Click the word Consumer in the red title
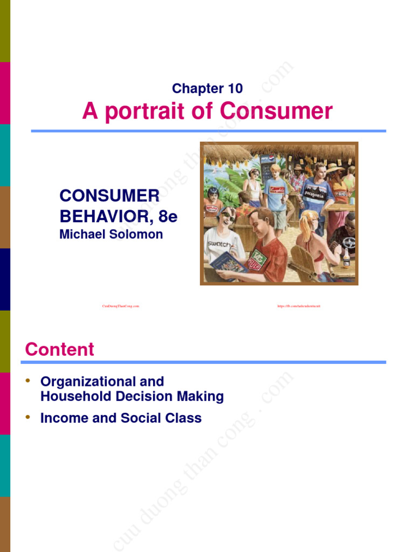coord(277,112)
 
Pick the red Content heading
coord(59,349)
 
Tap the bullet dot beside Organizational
coord(27,382)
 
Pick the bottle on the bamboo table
coord(346,260)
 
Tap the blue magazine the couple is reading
coord(229,264)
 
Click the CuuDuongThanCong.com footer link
coord(121,306)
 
